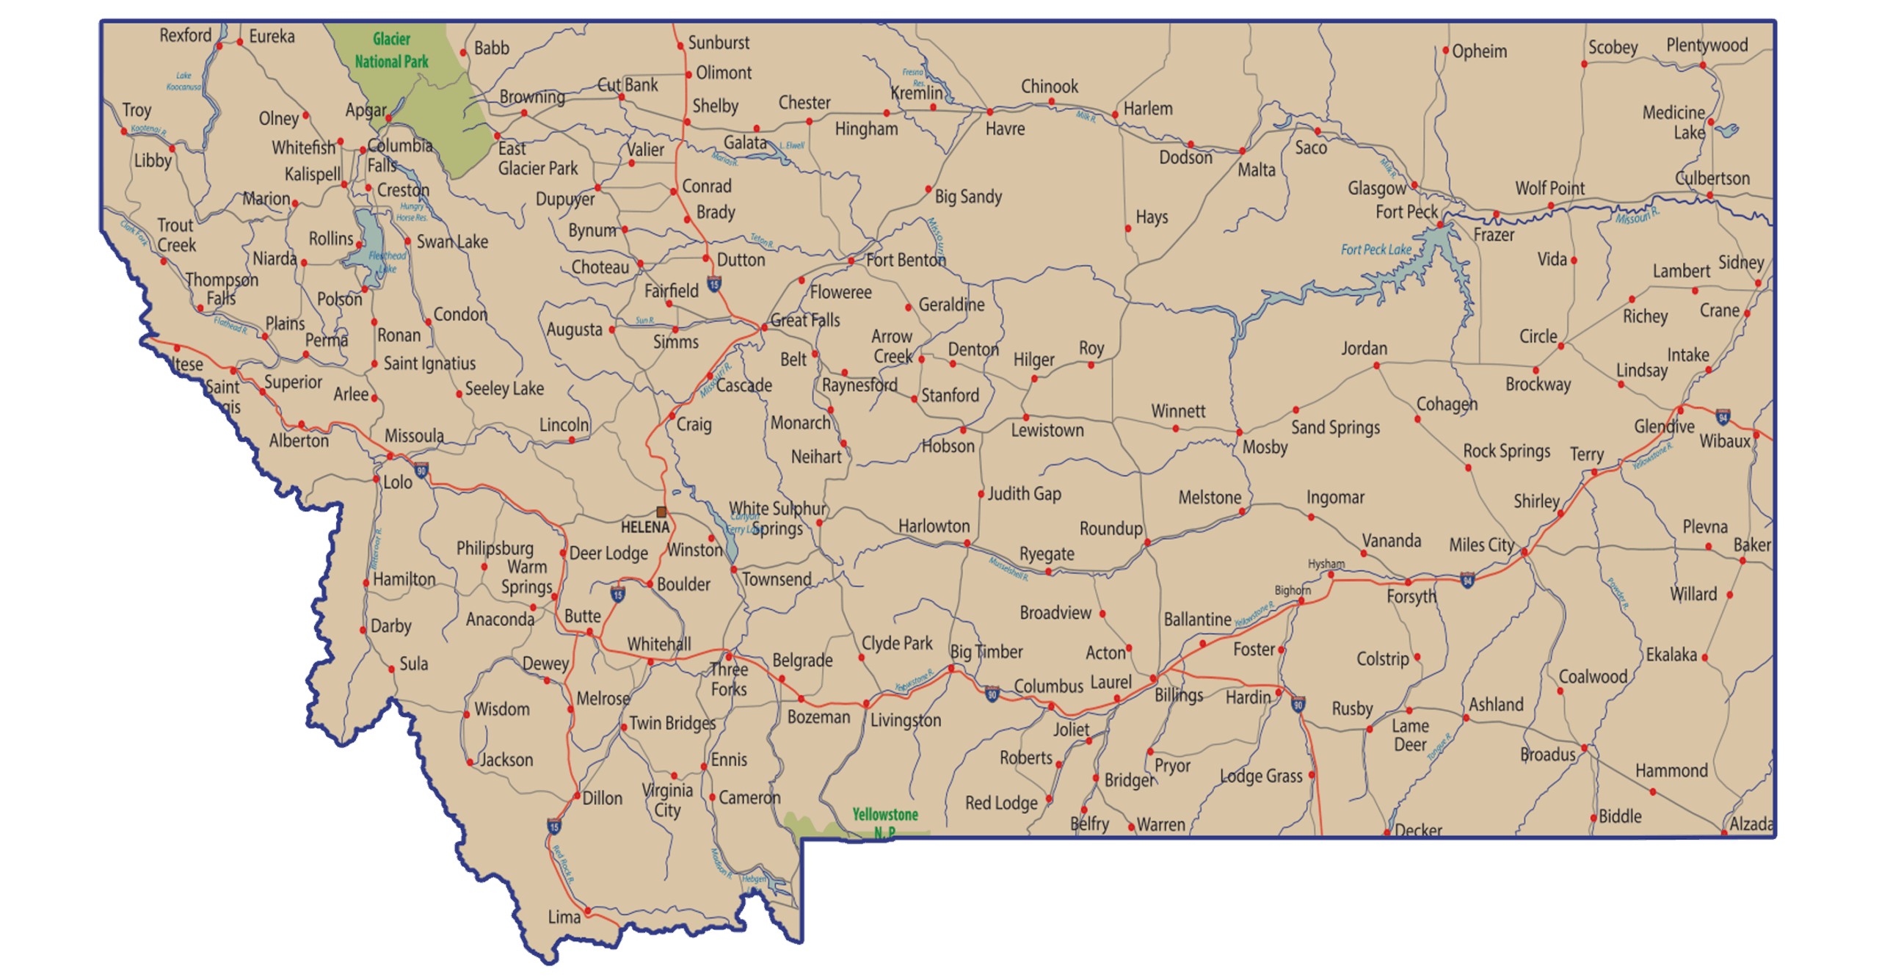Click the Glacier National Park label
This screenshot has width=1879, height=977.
391,50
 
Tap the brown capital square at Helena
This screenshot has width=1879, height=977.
661,512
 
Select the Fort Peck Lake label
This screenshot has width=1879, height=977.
1375,250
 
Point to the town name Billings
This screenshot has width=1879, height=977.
1179,694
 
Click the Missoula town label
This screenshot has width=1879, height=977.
414,436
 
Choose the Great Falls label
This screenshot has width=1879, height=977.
805,320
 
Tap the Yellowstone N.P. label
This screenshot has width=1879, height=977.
885,822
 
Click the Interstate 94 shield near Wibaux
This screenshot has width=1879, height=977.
1723,418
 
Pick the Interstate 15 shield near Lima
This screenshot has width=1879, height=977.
554,827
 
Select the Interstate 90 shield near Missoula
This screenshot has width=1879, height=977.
421,470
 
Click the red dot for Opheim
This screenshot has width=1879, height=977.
1445,51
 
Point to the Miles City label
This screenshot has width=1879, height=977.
1481,545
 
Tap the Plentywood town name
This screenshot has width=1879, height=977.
1707,46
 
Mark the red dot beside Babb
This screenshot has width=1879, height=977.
463,52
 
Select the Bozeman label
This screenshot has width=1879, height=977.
818,716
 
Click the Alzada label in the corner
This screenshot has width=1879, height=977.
1751,824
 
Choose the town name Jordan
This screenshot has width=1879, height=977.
1364,348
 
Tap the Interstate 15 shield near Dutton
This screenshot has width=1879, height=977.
714,283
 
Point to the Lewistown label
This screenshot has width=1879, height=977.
1047,430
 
